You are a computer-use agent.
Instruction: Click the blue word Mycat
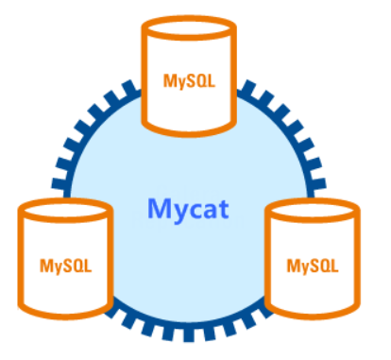coord(188,210)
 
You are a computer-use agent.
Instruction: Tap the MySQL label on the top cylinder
coord(189,81)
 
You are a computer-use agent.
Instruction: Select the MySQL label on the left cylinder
coord(65,266)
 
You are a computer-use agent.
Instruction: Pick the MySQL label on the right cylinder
coord(313,266)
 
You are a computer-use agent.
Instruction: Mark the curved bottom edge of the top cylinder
coord(189,134)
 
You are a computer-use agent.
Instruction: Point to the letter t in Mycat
coord(223,209)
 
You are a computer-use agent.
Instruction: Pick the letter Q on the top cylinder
coord(200,81)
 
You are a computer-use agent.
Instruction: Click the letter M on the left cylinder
coord(46,266)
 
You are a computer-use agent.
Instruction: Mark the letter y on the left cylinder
coord(57,268)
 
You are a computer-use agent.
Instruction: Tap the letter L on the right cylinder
coord(334,266)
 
